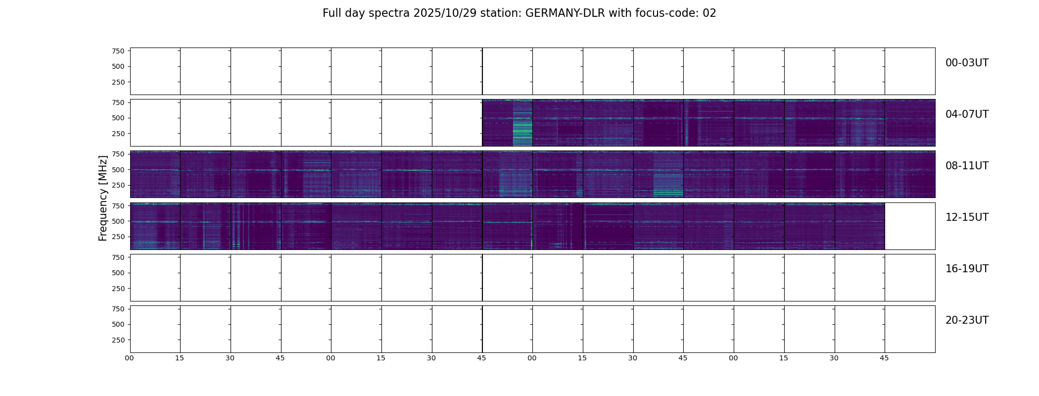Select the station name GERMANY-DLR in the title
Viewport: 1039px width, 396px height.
(565, 13)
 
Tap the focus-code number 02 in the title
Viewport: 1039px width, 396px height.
(709, 13)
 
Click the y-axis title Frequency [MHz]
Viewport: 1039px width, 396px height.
(103, 198)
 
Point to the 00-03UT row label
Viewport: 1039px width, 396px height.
(967, 63)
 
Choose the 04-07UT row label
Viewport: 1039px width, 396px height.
(967, 114)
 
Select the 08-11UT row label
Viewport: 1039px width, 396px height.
(967, 166)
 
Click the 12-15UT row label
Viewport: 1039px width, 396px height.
(967, 217)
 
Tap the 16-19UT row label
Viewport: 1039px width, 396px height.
(967, 269)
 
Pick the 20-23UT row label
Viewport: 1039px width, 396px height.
(967, 320)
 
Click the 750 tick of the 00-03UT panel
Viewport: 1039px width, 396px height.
(118, 51)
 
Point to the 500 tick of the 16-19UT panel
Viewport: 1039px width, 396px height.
(118, 273)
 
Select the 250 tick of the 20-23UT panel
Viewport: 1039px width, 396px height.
(118, 340)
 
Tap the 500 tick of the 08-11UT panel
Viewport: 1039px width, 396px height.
(118, 170)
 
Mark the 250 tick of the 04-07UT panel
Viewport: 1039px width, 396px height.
(118, 134)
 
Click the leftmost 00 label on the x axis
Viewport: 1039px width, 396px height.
(130, 358)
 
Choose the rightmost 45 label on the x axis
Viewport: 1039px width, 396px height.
(884, 358)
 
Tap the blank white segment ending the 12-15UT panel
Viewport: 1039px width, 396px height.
(909, 226)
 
